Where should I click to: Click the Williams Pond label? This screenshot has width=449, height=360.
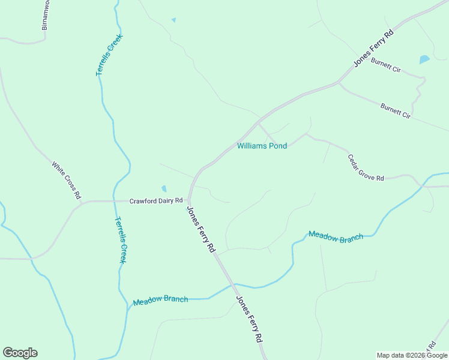pyautogui.click(x=262, y=146)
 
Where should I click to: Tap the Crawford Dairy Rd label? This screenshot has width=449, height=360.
pyautogui.click(x=155, y=200)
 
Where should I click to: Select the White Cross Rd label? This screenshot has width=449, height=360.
pyautogui.click(x=66, y=180)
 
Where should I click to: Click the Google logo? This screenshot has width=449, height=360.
pyautogui.click(x=20, y=352)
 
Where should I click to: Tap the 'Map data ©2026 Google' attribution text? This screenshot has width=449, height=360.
pyautogui.click(x=412, y=355)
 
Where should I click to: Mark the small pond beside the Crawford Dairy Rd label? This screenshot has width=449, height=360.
pyautogui.click(x=163, y=189)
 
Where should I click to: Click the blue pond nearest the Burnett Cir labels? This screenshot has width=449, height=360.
pyautogui.click(x=424, y=59)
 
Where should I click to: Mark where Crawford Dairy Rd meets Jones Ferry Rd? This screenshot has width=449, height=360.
pyautogui.click(x=188, y=200)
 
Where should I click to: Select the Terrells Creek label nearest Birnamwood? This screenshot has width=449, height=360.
pyautogui.click(x=109, y=55)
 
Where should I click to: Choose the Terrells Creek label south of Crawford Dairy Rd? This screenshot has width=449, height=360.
pyautogui.click(x=121, y=240)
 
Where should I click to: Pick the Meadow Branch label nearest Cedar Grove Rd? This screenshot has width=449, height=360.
pyautogui.click(x=336, y=236)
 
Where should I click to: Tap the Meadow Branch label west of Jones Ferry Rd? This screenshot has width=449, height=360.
pyautogui.click(x=160, y=299)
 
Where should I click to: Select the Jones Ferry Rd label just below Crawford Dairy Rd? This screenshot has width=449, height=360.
pyautogui.click(x=200, y=229)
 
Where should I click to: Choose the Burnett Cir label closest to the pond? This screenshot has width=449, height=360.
pyautogui.click(x=385, y=65)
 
